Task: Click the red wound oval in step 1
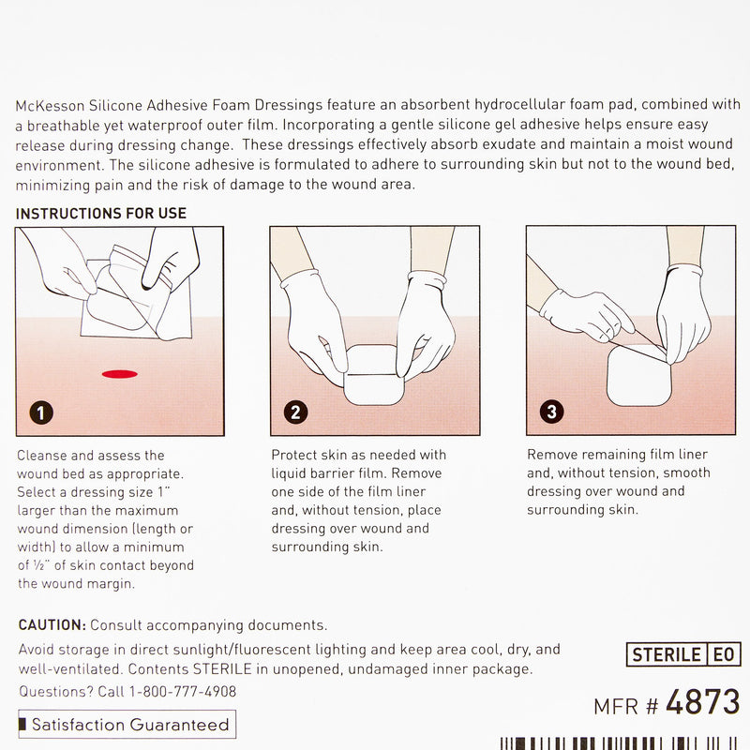click(120, 374)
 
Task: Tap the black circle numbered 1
click(39, 412)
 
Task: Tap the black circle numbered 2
click(294, 412)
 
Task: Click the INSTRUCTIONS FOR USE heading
click(101, 214)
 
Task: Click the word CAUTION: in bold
click(52, 624)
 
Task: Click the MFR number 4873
click(702, 702)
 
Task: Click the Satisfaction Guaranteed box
click(127, 725)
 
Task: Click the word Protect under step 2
click(296, 456)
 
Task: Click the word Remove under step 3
click(553, 456)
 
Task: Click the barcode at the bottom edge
click(619, 743)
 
